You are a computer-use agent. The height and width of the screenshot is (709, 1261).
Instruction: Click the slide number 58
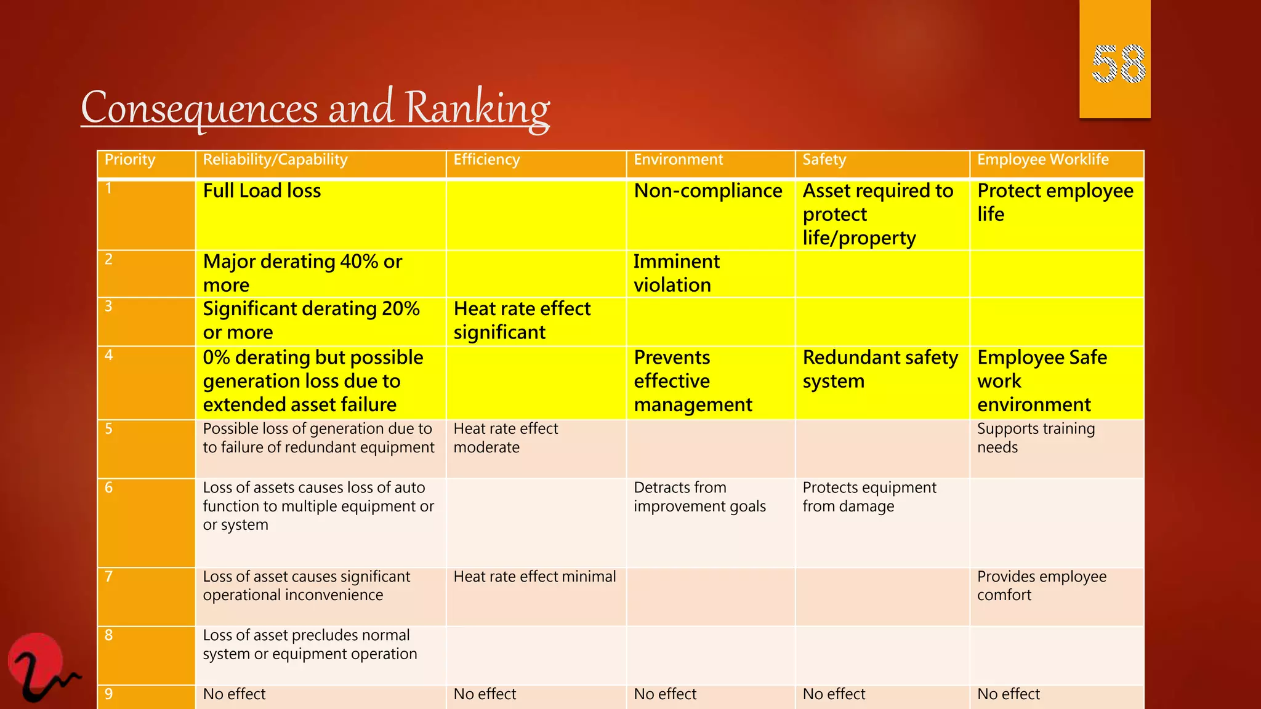click(1118, 64)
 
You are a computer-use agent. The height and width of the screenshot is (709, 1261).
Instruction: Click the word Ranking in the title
click(477, 108)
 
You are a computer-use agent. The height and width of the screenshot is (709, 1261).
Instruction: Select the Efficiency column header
click(486, 160)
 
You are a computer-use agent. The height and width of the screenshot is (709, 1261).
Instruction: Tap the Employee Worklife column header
click(1042, 160)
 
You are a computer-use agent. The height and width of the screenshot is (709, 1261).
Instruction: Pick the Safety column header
click(824, 160)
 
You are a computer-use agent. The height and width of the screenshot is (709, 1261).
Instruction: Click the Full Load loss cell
click(262, 191)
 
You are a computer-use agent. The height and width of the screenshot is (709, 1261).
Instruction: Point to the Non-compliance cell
click(708, 191)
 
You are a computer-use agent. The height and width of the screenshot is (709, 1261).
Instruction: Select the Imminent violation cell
click(676, 273)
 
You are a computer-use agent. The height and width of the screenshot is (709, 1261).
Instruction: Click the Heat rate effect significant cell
click(522, 320)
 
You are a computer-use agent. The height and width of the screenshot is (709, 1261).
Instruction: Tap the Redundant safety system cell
click(880, 369)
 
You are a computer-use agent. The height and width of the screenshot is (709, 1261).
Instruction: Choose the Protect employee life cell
click(1055, 202)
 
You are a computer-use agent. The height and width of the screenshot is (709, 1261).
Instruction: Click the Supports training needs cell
click(1036, 438)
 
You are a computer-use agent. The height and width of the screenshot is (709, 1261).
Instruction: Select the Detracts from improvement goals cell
click(699, 497)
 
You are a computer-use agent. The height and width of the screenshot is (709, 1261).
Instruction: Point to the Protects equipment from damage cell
click(869, 497)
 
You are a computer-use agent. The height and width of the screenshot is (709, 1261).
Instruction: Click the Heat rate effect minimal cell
click(534, 577)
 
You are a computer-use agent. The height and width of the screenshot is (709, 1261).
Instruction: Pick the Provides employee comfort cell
click(1041, 586)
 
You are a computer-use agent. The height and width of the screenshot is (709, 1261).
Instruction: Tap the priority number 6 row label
click(109, 488)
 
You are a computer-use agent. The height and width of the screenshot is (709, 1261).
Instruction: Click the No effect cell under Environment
click(665, 694)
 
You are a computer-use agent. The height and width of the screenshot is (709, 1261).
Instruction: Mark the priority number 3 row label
click(109, 306)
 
